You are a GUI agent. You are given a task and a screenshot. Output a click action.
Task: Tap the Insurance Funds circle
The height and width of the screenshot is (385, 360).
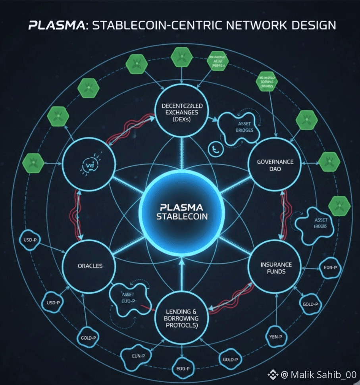(275, 268)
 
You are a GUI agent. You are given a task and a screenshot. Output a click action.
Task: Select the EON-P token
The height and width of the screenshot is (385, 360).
(330, 268)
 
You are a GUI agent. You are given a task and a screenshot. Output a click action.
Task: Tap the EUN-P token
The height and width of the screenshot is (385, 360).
(135, 355)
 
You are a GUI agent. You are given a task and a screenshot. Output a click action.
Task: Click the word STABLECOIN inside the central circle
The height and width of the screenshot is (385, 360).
(181, 217)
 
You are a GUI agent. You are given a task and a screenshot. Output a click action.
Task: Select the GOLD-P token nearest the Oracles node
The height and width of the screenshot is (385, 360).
(87, 338)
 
